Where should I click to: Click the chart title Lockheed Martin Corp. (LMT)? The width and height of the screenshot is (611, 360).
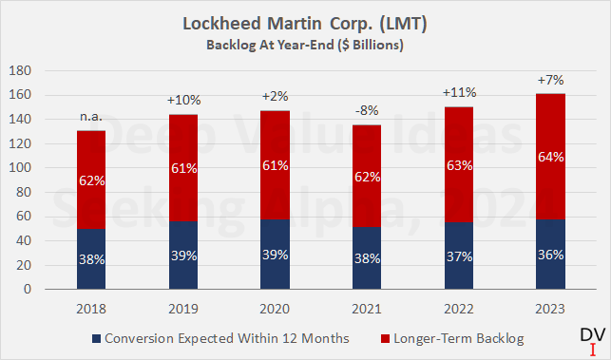pyautogui.click(x=305, y=24)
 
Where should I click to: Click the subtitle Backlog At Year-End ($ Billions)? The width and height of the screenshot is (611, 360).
pyautogui.click(x=305, y=43)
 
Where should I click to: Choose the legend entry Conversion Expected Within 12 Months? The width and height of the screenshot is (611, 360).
pyautogui.click(x=223, y=337)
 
